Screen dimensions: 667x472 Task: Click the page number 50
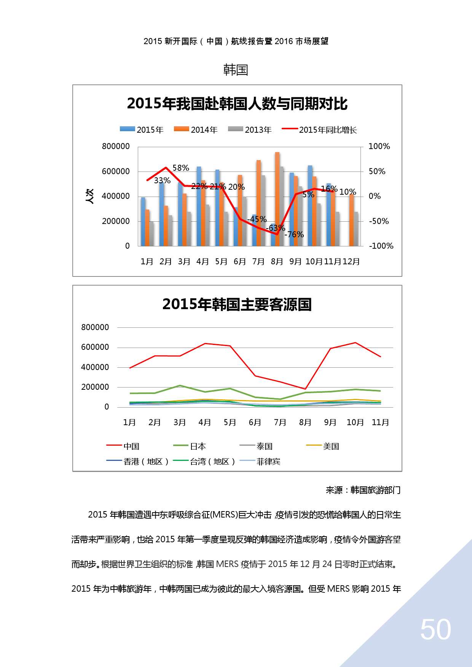click(435, 630)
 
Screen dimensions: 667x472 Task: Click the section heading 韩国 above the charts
click(236, 70)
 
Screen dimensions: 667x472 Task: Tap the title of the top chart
click(237, 104)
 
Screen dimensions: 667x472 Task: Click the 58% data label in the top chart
click(181, 168)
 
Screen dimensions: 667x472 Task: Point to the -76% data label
click(294, 234)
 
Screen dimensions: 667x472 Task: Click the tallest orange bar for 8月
click(277, 198)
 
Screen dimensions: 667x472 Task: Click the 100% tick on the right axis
click(379, 146)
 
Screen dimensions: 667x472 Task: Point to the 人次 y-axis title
click(90, 196)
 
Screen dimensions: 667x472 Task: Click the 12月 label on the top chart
click(351, 262)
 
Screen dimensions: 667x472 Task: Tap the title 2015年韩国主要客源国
click(237, 304)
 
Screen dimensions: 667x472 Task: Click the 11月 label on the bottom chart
click(380, 422)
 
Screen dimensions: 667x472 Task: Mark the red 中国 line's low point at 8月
click(305, 389)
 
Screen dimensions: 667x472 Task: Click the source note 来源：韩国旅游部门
click(363, 490)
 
